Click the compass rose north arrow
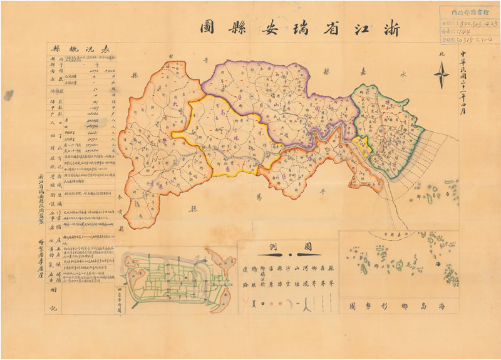(x=442, y=76)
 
